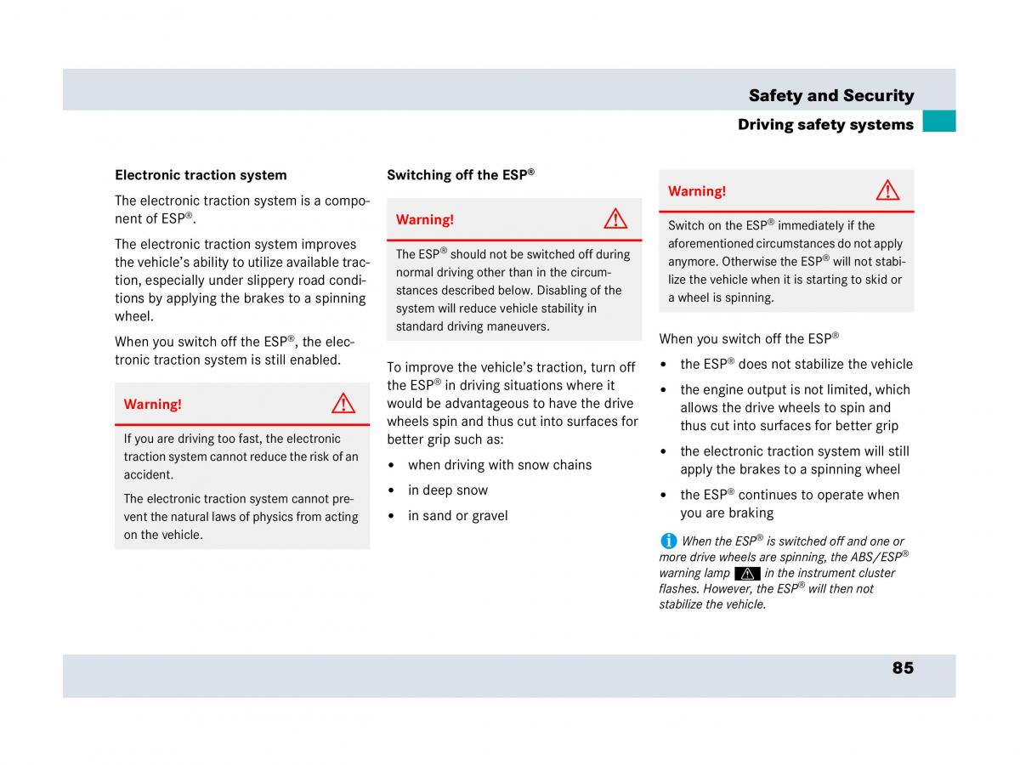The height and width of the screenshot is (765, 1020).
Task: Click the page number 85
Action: click(x=903, y=668)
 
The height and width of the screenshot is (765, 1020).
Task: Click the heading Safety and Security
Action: click(x=830, y=96)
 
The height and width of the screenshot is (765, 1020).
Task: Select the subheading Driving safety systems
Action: click(x=824, y=125)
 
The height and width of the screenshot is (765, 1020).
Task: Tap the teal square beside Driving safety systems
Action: click(x=938, y=122)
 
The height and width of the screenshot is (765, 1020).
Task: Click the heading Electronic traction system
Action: click(x=201, y=175)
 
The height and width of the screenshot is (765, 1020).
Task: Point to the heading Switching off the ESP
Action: click(x=460, y=175)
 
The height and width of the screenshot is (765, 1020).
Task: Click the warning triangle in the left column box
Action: click(x=343, y=404)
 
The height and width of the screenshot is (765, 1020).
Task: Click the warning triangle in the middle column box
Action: click(x=615, y=219)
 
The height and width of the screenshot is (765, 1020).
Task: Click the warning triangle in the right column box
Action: click(x=887, y=190)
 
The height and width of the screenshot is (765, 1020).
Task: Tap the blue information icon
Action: click(x=668, y=541)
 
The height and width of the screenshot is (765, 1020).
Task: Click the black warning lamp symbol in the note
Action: click(x=747, y=573)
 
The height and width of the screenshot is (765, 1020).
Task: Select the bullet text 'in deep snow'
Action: click(x=448, y=490)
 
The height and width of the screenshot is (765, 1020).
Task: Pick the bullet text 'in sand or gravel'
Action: click(x=457, y=516)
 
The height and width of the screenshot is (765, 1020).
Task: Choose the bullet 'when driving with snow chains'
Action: click(x=500, y=465)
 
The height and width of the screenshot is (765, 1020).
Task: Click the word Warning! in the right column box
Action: click(x=697, y=191)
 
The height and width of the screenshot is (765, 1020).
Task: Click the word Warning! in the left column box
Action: click(x=153, y=405)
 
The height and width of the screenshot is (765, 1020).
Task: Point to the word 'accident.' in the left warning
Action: click(x=149, y=475)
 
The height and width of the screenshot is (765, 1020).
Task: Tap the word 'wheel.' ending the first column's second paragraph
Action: click(x=134, y=316)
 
